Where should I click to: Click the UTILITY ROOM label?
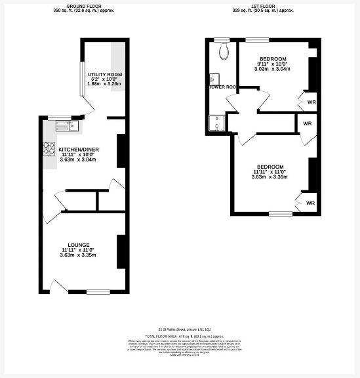(105, 75)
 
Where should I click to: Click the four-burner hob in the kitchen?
(49, 150)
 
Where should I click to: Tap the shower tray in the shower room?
(214, 123)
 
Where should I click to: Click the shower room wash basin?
(213, 77)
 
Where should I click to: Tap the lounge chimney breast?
(121, 251)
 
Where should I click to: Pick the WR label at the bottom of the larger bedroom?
(310, 203)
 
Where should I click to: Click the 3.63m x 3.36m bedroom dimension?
(271, 177)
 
